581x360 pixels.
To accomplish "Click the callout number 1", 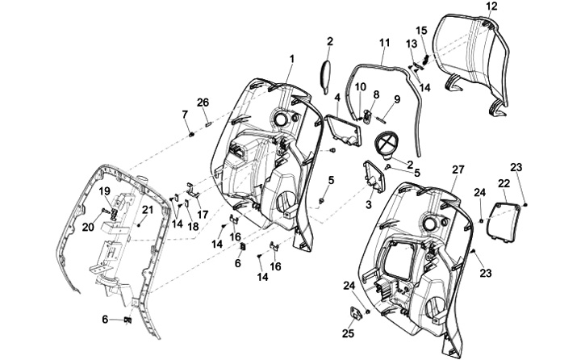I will (291, 58).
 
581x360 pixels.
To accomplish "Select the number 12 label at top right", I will (491, 6).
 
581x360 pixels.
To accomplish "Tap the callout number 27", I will (458, 170).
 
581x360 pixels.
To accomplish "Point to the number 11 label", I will (383, 42).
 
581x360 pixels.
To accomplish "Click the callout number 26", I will (203, 102).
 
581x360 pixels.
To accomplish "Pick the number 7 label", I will (185, 114).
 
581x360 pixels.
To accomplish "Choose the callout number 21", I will (147, 211).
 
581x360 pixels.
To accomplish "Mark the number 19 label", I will (104, 191).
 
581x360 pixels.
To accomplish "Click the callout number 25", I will (349, 333).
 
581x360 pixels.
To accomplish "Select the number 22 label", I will (503, 184).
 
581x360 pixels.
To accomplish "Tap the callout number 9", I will (396, 100).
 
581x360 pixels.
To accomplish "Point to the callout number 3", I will (370, 205).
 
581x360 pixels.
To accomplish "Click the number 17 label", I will (203, 215).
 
